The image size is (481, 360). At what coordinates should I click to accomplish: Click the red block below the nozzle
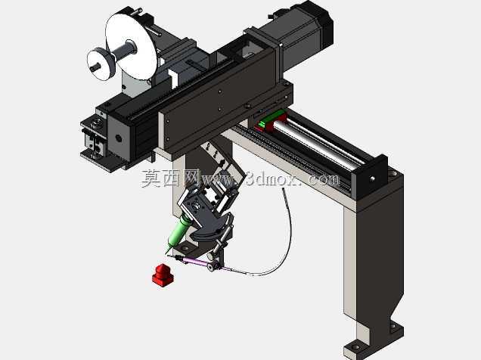coord(163,275)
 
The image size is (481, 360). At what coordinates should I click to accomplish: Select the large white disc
coord(131,47)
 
